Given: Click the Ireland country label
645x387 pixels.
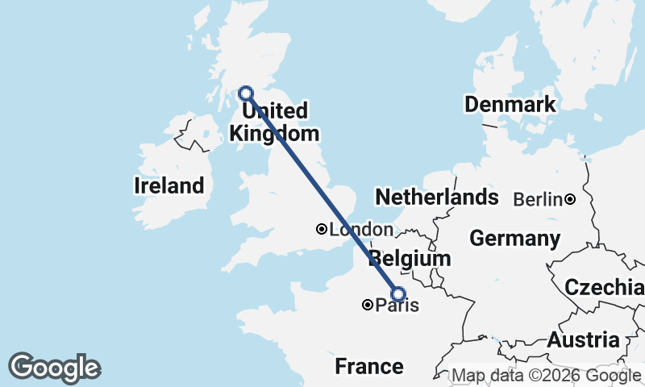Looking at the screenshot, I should [169, 185].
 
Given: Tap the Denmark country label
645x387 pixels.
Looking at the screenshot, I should [510, 104].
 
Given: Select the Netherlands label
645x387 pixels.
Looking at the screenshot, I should [436, 198].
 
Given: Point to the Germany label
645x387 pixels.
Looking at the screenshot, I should [514, 239].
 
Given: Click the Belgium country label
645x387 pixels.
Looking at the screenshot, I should [410, 260].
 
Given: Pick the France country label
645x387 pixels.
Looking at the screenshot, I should [368, 367].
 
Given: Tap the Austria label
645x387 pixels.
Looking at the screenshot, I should [583, 340].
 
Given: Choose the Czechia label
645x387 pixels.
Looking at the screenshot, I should [604, 288].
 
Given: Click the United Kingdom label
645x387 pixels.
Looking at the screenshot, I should [273, 122].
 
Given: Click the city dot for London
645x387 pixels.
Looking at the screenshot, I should [322, 230].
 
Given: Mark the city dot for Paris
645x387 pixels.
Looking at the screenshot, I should [368, 305].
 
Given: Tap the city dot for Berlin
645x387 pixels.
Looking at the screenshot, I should [570, 199].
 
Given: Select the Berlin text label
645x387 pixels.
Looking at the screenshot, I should [537, 199].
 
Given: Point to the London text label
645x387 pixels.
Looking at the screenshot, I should [360, 230].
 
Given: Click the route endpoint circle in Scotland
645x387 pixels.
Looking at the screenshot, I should [246, 93].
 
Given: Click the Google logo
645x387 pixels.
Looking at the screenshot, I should [54, 368].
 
